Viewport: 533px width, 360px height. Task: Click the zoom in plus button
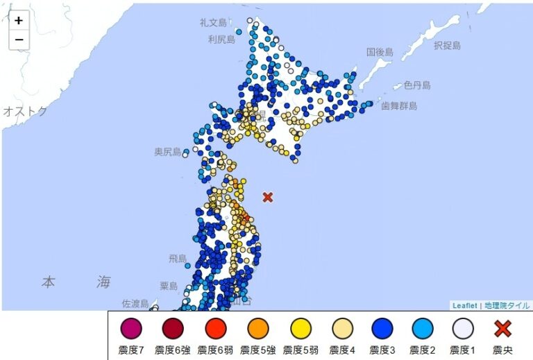tap(19, 21)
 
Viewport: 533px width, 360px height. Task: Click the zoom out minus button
tap(19, 40)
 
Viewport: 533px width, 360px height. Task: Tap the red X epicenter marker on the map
tap(268, 197)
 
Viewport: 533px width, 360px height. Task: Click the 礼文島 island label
tap(214, 23)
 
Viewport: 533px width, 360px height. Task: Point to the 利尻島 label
tap(222, 40)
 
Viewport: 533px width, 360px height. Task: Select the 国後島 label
tap(380, 52)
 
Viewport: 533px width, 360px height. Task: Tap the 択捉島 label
tap(447, 45)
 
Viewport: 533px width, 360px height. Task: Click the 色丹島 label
tap(417, 85)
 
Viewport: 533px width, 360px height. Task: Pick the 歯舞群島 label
tap(398, 105)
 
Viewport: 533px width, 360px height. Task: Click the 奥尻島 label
tap(167, 151)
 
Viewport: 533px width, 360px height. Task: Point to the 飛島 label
tap(178, 259)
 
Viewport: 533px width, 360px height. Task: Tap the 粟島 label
tap(169, 286)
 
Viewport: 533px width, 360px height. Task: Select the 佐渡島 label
tap(135, 303)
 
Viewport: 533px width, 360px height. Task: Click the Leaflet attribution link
tap(464, 305)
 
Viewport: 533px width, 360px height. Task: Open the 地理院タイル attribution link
tap(507, 305)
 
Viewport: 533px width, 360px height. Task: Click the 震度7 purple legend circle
tap(130, 328)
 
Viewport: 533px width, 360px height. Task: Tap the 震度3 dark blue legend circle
tap(380, 328)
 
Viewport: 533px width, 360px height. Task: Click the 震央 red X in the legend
tap(502, 328)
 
